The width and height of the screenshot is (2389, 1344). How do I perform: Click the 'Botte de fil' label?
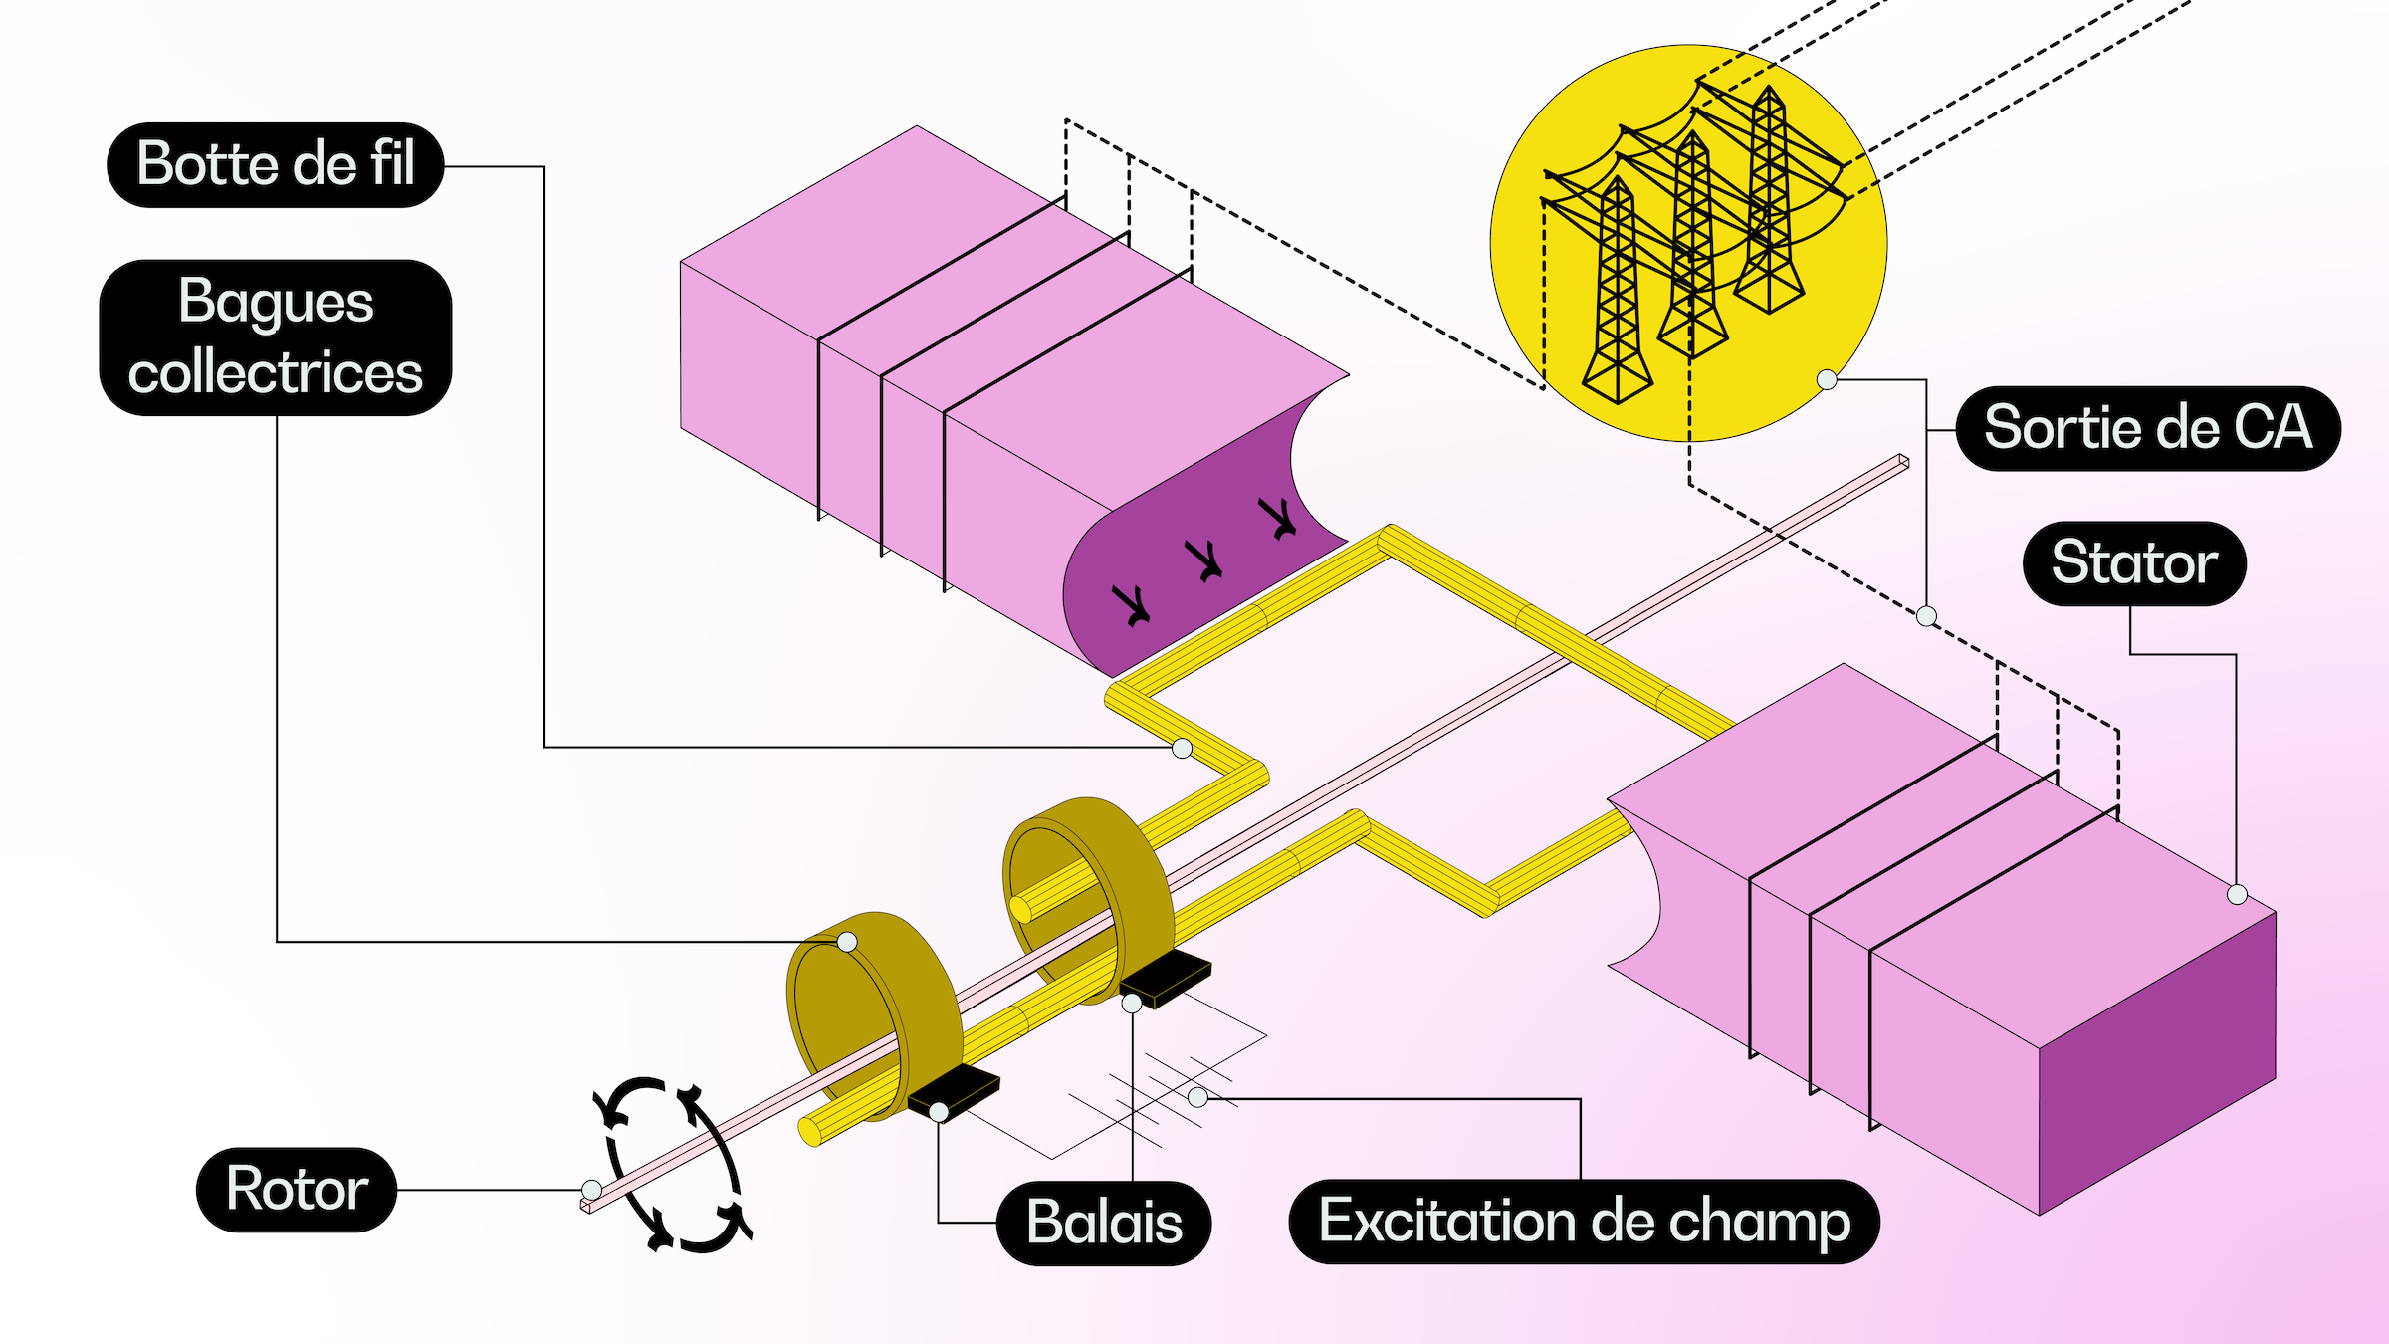click(x=275, y=165)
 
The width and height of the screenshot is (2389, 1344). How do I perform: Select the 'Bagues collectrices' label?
click(x=276, y=337)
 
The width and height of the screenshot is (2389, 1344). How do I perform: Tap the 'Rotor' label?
click(x=297, y=1190)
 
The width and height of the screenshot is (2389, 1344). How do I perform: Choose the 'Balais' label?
click(x=1104, y=1224)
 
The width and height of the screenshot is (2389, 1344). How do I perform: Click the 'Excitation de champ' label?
click(x=1584, y=1222)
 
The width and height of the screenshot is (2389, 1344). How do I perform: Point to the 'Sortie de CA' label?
click(x=2147, y=428)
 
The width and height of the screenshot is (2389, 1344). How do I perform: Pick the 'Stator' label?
click(x=2134, y=563)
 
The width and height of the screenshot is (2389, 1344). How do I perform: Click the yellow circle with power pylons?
click(x=1688, y=243)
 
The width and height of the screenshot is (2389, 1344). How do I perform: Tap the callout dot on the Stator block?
click(x=2237, y=894)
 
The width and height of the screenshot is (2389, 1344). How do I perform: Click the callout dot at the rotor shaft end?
click(x=591, y=1190)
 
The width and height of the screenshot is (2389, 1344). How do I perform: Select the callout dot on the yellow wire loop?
click(x=1182, y=748)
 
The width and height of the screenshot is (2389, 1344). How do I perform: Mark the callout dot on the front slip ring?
click(x=847, y=942)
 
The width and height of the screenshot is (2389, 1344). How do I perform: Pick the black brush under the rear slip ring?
click(x=1166, y=976)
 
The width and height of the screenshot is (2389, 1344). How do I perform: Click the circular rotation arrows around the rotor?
click(x=673, y=1165)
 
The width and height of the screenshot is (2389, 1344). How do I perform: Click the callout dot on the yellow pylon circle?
click(x=1827, y=379)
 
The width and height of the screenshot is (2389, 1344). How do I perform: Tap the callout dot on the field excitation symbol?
click(x=1197, y=1097)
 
